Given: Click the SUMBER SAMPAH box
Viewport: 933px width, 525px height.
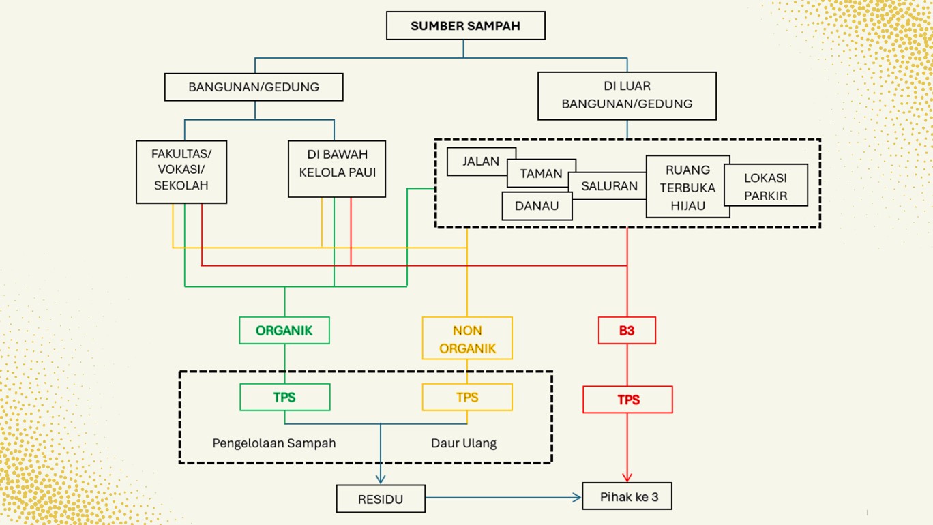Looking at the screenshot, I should click(x=465, y=26).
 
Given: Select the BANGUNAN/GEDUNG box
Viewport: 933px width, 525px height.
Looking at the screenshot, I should click(x=254, y=87).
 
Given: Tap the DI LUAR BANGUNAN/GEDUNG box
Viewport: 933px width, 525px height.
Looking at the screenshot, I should click(x=627, y=95).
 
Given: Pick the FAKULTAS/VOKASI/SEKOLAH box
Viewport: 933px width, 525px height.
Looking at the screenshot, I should click(x=181, y=172).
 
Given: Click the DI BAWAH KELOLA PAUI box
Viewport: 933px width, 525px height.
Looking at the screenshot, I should click(x=337, y=169).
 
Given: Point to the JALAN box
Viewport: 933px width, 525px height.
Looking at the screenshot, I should click(x=480, y=162).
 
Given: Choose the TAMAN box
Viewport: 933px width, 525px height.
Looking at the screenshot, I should click(x=542, y=173).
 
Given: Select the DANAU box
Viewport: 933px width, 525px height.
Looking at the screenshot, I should click(x=537, y=206).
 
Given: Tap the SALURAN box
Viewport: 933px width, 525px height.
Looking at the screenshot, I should click(x=608, y=186).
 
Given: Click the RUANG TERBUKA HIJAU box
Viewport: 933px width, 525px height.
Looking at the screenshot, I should click(x=687, y=187).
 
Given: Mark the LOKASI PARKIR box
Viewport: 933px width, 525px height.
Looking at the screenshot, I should click(x=766, y=185).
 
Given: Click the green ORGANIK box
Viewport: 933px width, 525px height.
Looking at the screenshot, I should click(x=284, y=331).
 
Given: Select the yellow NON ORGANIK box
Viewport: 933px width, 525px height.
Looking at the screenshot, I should click(x=467, y=338).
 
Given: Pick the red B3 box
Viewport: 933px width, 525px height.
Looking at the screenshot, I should click(x=627, y=331).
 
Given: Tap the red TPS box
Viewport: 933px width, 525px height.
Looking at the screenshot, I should click(x=627, y=400).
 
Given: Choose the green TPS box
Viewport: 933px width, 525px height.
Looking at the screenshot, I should click(x=284, y=397).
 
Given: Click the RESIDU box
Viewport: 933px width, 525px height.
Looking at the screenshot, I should click(x=381, y=499).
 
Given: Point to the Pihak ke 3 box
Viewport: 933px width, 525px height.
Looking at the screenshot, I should click(x=627, y=496).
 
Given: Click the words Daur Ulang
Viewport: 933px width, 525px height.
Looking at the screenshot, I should click(x=464, y=443).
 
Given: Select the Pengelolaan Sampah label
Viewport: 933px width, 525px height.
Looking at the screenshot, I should click(x=274, y=443).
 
